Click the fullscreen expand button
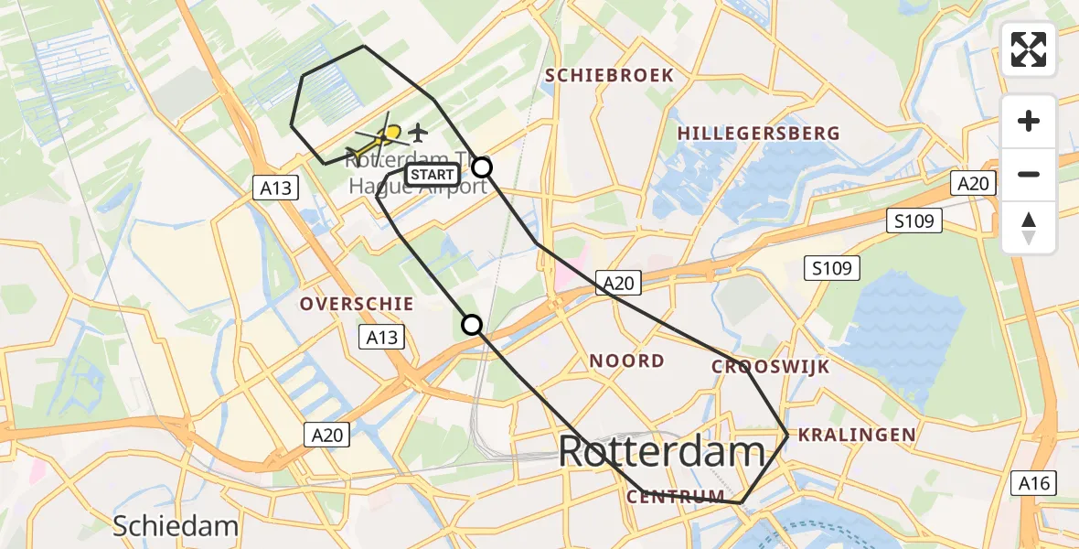tap(1029, 49)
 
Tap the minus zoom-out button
tap(1029, 175)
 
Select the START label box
tap(432, 175)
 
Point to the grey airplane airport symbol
tap(419, 134)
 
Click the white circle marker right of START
tap(481, 167)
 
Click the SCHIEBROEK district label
tap(610, 76)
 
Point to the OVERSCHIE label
tap(358, 304)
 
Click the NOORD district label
tap(627, 361)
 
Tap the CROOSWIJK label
tap(758, 367)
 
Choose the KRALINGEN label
tap(857, 435)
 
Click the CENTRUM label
tap(676, 497)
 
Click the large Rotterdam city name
tap(661, 452)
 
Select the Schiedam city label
tap(176, 526)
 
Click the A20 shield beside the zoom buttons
tap(972, 184)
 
